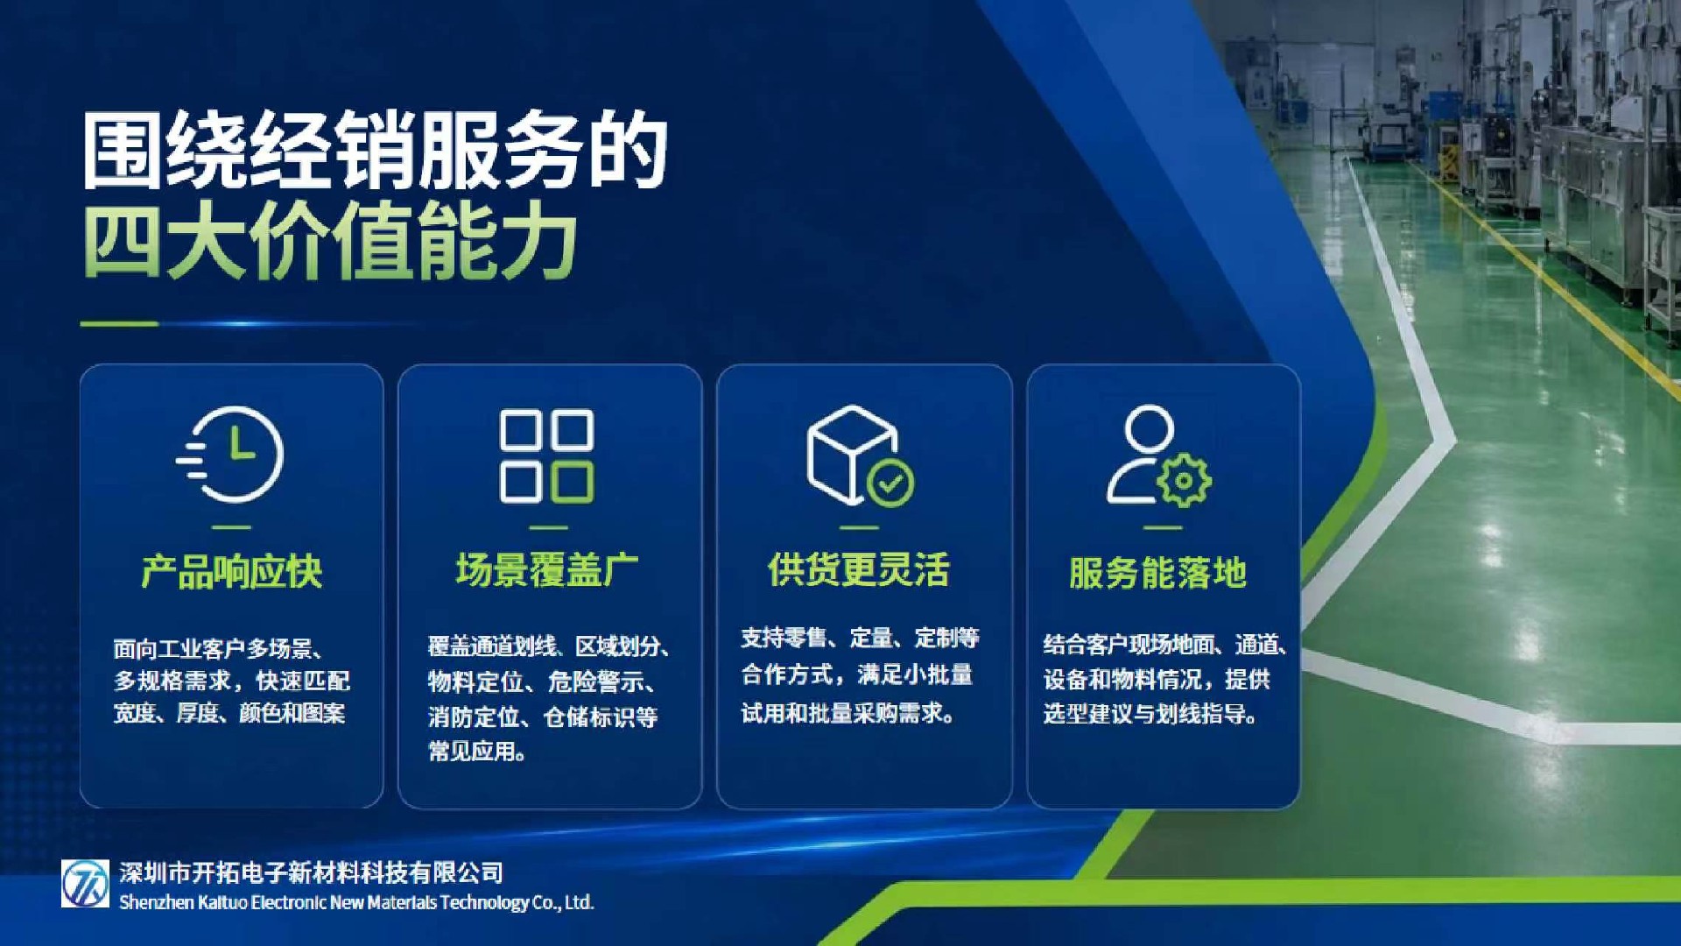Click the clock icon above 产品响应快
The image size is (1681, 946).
231,455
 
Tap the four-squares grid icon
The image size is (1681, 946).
546,455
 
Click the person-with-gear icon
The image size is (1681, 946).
1158,455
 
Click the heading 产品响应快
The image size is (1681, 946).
232,572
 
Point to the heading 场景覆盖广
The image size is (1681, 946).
547,569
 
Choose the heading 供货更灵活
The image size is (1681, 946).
859,569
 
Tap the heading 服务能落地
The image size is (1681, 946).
1158,573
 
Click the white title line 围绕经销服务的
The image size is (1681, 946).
376,151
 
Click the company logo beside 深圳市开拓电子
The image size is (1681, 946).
85,883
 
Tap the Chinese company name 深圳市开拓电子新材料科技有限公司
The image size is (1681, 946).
312,872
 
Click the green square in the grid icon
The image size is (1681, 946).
573,483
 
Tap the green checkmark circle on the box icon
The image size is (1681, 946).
890,483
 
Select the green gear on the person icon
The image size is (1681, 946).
1184,480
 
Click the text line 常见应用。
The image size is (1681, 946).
477,752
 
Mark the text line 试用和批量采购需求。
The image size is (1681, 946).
848,713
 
